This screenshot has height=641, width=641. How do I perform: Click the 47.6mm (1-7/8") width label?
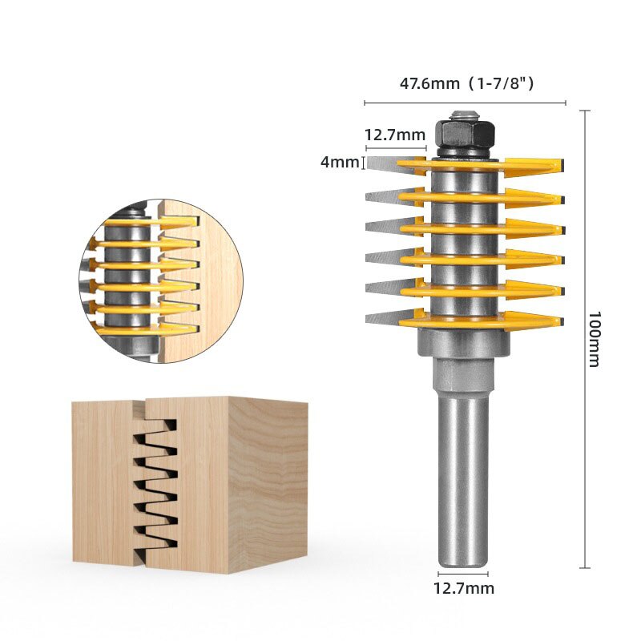[x=466, y=83]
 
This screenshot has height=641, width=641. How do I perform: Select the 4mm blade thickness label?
[x=340, y=162]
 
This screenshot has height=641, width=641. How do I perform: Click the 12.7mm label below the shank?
[x=463, y=589]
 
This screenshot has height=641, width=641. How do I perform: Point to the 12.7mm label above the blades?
[x=394, y=135]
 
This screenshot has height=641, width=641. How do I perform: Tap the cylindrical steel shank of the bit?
[x=463, y=481]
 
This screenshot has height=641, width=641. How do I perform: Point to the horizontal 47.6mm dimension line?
[x=466, y=103]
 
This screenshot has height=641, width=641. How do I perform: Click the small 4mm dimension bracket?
[x=365, y=163]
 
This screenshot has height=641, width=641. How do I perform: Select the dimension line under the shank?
[x=463, y=574]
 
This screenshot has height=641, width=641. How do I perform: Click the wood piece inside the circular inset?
[x=208, y=272]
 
